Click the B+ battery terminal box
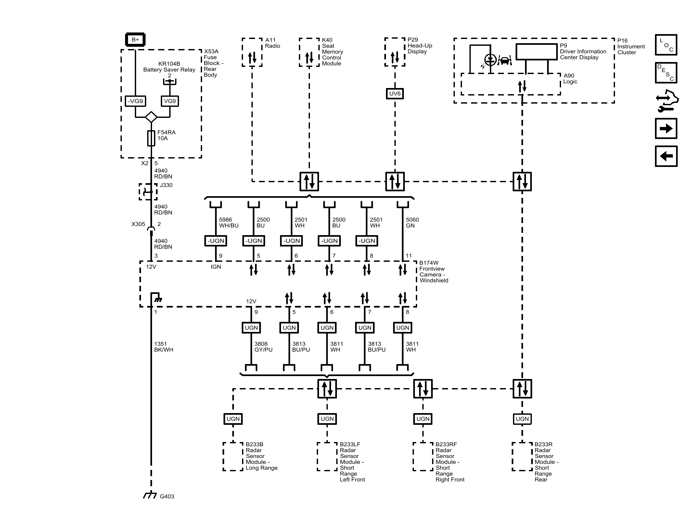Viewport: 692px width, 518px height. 135,40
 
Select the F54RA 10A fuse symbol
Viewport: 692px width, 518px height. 151,138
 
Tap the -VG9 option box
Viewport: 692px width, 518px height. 135,101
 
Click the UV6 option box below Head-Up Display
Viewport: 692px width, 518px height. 395,94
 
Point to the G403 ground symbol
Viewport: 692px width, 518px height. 150,496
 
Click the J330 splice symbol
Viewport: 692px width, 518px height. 148,192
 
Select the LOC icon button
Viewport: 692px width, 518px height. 666,45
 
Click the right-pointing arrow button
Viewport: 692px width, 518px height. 666,129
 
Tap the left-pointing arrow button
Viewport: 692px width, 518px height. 666,156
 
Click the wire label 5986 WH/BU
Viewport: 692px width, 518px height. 229,222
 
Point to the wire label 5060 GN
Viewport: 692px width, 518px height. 412,222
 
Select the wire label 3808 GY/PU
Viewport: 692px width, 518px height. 263,347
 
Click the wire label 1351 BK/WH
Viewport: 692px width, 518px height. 163,347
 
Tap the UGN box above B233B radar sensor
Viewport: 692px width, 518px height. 233,419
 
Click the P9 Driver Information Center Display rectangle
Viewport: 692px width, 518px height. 536,52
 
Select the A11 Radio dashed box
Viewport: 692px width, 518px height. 252,52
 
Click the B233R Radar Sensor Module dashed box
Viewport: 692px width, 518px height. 522,456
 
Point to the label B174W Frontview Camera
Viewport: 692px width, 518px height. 433,272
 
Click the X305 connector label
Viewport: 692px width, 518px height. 138,224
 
